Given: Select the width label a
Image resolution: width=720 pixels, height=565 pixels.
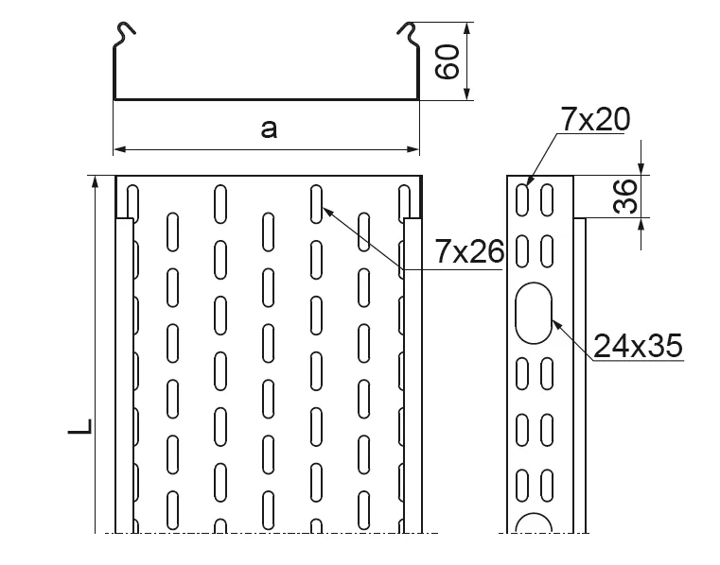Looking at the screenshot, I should click(x=270, y=128).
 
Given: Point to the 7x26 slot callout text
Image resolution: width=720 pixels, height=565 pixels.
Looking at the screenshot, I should click(x=467, y=252).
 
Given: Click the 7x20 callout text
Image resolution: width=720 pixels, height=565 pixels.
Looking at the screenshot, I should click(x=594, y=119).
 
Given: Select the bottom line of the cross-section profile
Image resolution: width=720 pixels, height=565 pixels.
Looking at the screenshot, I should click(x=266, y=98).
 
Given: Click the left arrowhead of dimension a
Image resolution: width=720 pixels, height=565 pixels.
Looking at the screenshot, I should click(x=119, y=148).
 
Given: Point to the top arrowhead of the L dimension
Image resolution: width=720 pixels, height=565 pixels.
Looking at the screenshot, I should click(x=95, y=181).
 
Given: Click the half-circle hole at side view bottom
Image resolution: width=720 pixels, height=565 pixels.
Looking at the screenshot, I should click(x=534, y=524).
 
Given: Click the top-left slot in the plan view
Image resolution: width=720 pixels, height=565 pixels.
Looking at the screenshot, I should click(x=132, y=201).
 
